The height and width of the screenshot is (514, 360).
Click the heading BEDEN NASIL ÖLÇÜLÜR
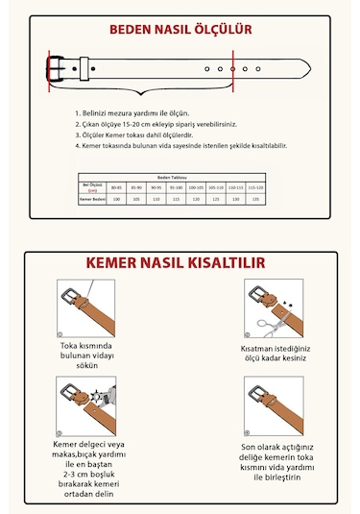[180, 30]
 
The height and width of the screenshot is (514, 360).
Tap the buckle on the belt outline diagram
[60, 69]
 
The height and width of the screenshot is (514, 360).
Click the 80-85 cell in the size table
[116, 186]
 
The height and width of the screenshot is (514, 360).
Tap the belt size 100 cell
[116, 198]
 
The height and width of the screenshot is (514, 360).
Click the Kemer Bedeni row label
[92, 198]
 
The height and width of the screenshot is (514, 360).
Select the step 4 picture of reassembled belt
[276, 404]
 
